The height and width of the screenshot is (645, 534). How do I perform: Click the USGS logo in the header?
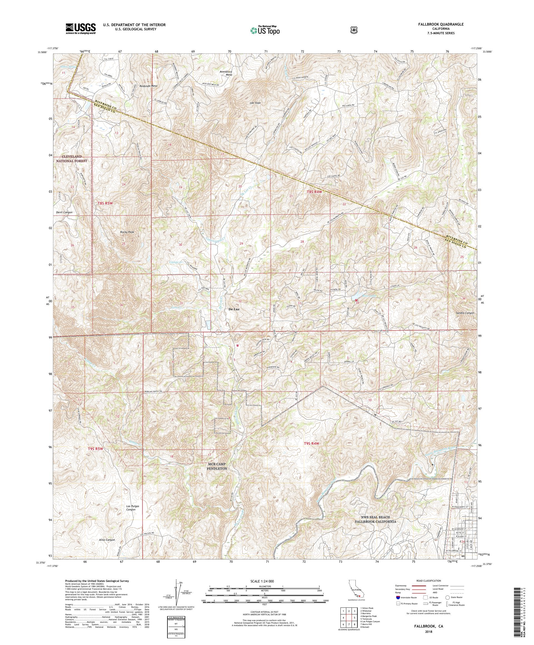pyautogui.click(x=80, y=29)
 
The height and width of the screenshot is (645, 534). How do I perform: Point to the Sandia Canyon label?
pyautogui.click(x=465, y=313)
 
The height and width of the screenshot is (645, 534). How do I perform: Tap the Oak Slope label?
pyautogui.click(x=255, y=103)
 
